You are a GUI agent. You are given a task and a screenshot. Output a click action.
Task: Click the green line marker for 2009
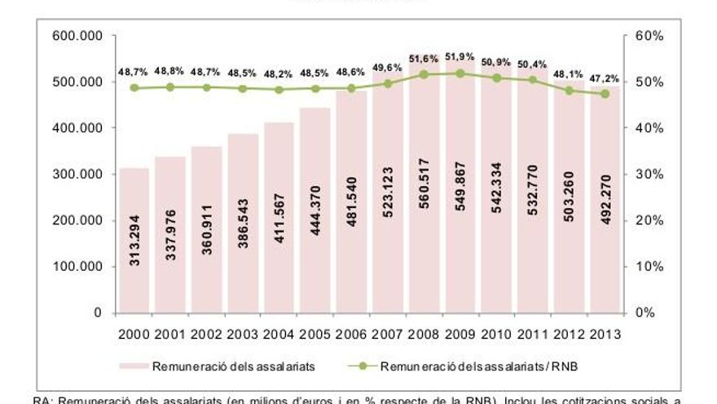(x=460, y=73)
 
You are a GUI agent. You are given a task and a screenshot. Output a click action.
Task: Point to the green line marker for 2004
(x=279, y=90)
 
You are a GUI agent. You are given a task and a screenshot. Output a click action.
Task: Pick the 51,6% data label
(x=423, y=60)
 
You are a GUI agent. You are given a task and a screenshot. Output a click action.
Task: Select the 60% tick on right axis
(x=644, y=36)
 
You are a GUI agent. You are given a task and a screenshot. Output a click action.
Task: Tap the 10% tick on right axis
(x=644, y=267)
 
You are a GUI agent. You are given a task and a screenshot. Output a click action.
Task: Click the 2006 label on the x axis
(x=351, y=335)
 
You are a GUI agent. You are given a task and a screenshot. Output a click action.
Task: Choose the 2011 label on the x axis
(x=532, y=335)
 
